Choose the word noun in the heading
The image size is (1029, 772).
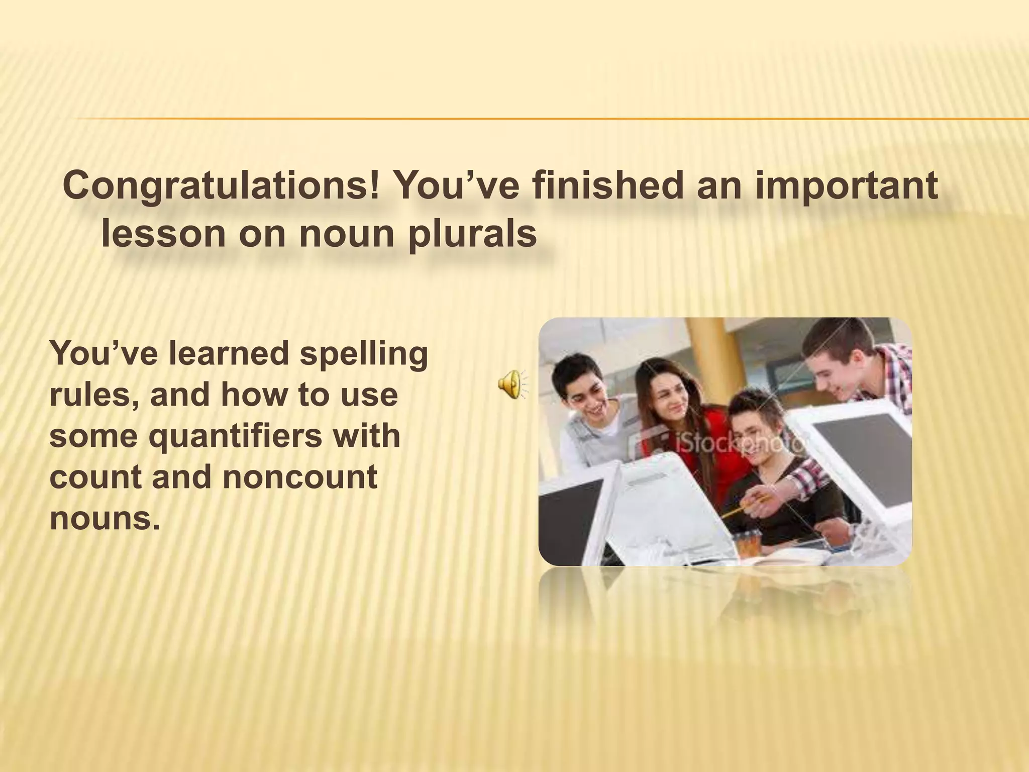click(346, 233)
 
